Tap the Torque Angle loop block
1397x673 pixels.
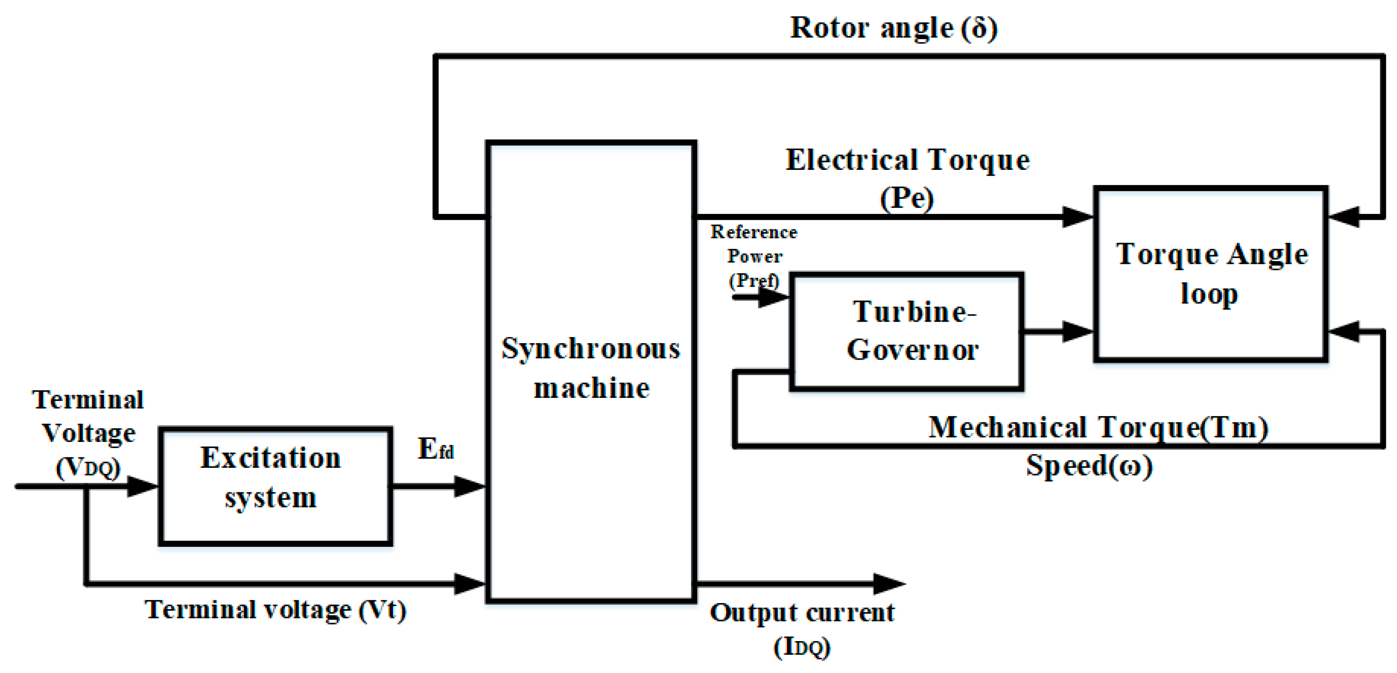[1210, 274]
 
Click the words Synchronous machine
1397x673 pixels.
[591, 368]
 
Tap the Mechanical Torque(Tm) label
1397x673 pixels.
[1098, 427]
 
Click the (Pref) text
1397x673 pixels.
[754, 280]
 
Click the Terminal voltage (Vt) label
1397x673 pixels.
[275, 610]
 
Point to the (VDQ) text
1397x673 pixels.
[88, 467]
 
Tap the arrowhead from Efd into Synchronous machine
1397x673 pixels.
[469, 486]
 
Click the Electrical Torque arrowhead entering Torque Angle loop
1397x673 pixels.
[1077, 216]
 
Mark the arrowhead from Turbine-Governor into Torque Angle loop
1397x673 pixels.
[1077, 332]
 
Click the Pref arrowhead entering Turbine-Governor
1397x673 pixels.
[773, 297]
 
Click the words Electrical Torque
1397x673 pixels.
[907, 160]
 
